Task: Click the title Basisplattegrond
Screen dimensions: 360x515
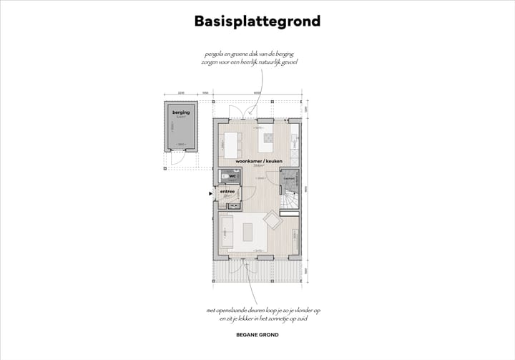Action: point(257,21)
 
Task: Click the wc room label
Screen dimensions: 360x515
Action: point(232,175)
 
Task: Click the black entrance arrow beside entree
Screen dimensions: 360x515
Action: point(210,193)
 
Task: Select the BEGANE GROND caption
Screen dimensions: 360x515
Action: point(257,335)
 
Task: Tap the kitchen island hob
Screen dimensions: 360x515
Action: point(267,137)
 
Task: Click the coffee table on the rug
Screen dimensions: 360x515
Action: point(248,233)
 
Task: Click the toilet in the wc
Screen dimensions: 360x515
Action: point(226,175)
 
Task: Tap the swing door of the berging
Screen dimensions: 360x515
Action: point(174,159)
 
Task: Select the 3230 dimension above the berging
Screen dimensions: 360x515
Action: point(182,93)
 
